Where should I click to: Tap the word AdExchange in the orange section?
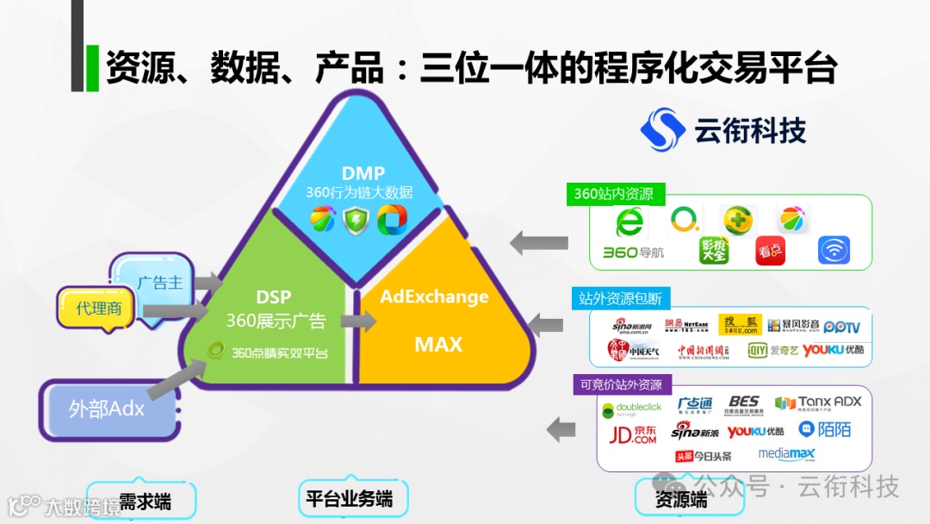pos(434,297)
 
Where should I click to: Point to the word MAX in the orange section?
pos(438,345)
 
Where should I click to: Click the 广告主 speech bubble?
pos(158,283)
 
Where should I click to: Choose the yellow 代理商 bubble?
pos(98,309)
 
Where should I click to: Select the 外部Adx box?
pos(106,408)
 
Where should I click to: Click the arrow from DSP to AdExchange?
pos(358,321)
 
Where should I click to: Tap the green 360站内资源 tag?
pos(613,194)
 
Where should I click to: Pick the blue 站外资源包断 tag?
pos(619,298)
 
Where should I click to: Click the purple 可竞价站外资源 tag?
pos(620,384)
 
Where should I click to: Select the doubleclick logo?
pos(631,408)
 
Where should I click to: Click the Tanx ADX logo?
pos(817,402)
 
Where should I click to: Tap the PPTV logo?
pos(841,327)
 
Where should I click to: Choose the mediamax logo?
pos(786,454)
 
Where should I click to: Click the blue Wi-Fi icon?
pos(834,251)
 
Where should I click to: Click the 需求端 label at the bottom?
pos(144,501)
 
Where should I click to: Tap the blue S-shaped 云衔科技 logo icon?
pos(662,129)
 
